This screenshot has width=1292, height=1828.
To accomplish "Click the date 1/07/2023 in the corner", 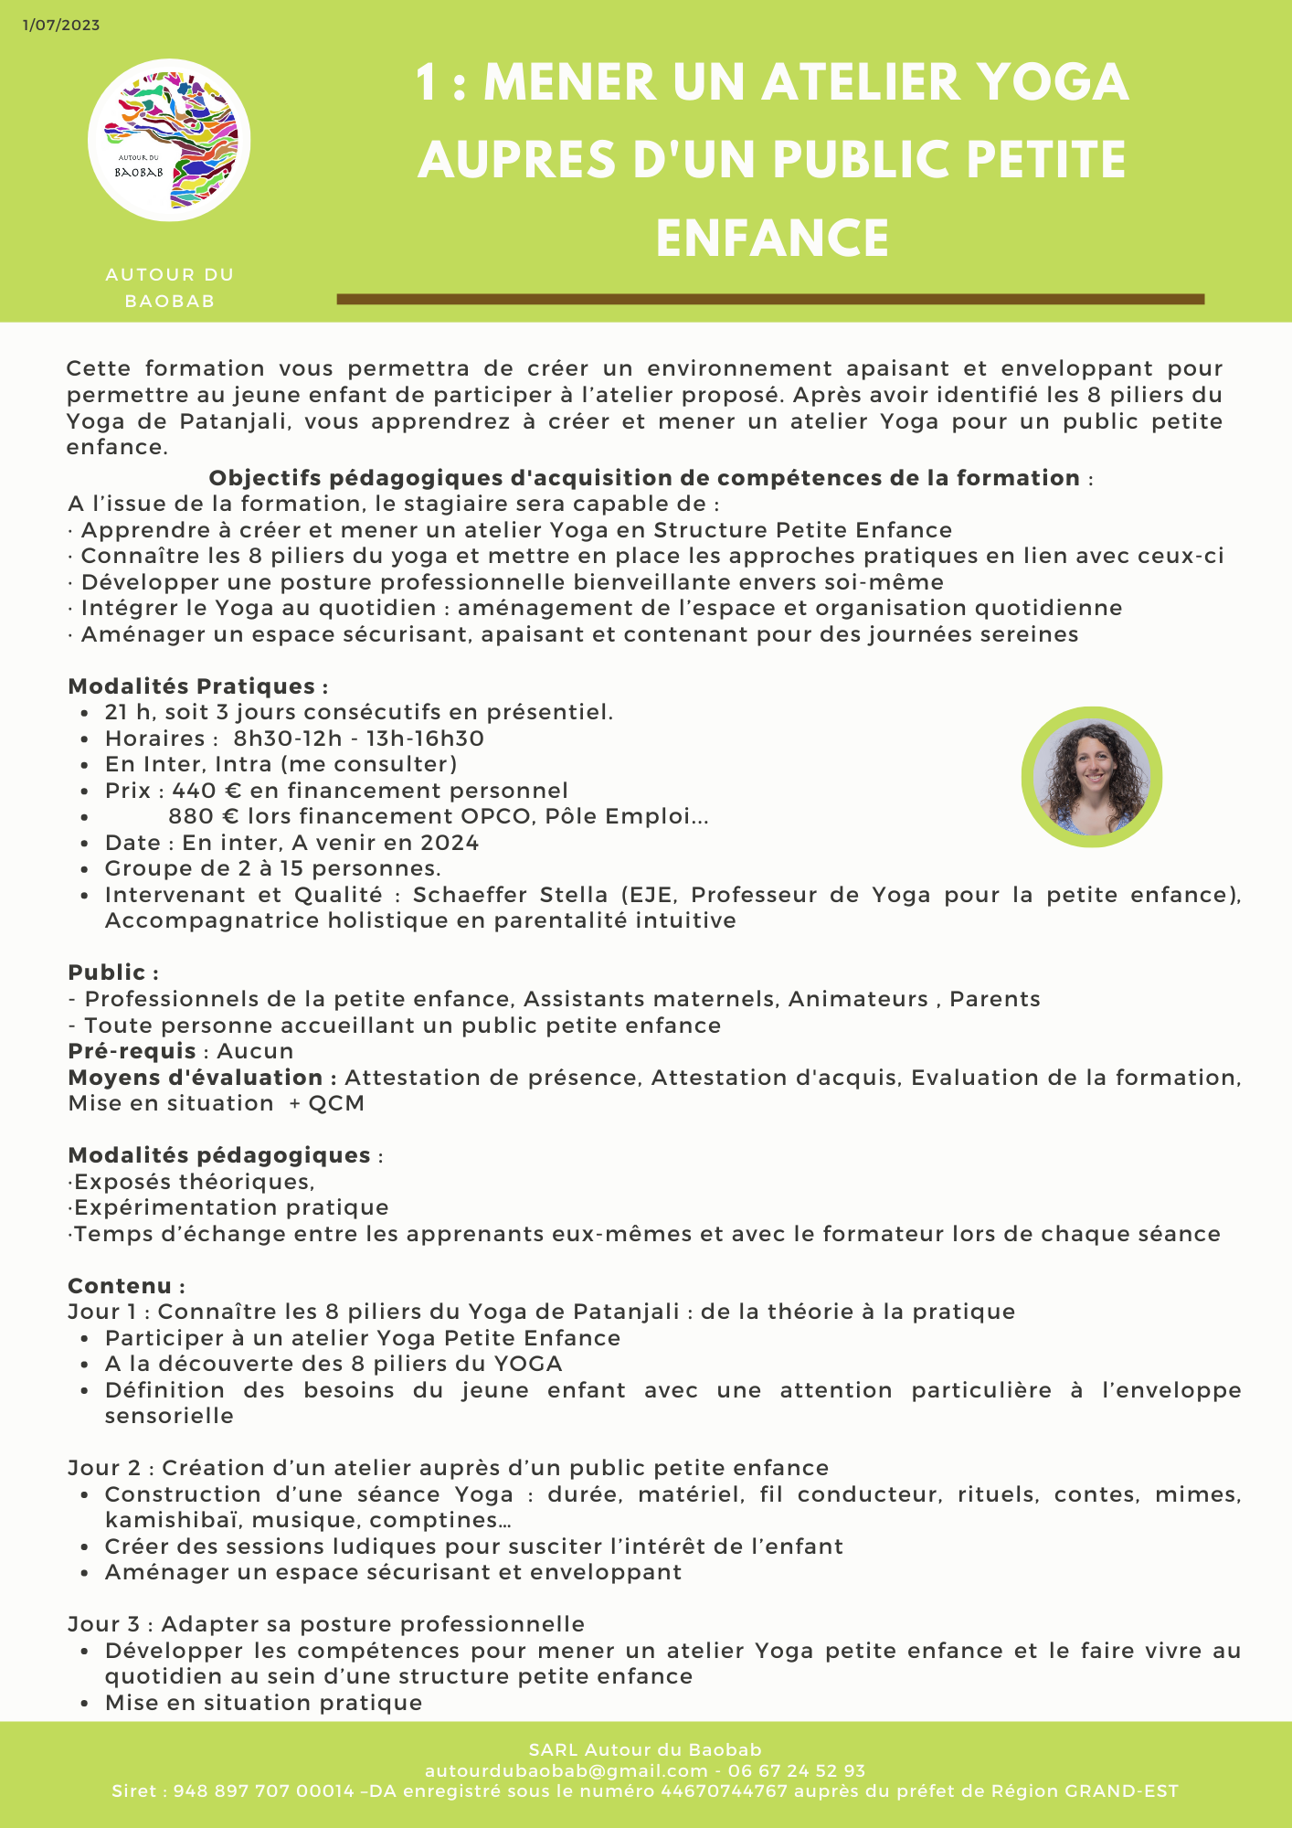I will (61, 26).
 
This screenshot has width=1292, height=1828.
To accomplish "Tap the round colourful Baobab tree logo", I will (169, 140).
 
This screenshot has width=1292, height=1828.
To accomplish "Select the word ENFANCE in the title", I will (772, 238).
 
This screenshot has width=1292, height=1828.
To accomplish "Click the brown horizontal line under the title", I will (770, 299).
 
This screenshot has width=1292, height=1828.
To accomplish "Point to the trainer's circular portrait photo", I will (1091, 777).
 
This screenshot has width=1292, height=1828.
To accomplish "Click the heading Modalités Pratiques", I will (197, 686).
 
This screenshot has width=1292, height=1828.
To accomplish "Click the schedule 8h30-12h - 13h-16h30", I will (358, 739).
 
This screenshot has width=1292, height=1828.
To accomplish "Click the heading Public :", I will (113, 972).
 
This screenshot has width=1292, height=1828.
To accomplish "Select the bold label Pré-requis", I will (132, 1051).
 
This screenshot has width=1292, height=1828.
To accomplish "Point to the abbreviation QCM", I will (336, 1103).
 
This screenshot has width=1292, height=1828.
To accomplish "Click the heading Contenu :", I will (126, 1286).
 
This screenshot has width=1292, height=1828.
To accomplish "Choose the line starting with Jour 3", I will (326, 1624).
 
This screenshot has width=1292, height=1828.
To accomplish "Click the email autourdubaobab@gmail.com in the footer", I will (567, 1770).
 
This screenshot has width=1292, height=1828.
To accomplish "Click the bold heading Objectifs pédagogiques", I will (644, 478).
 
